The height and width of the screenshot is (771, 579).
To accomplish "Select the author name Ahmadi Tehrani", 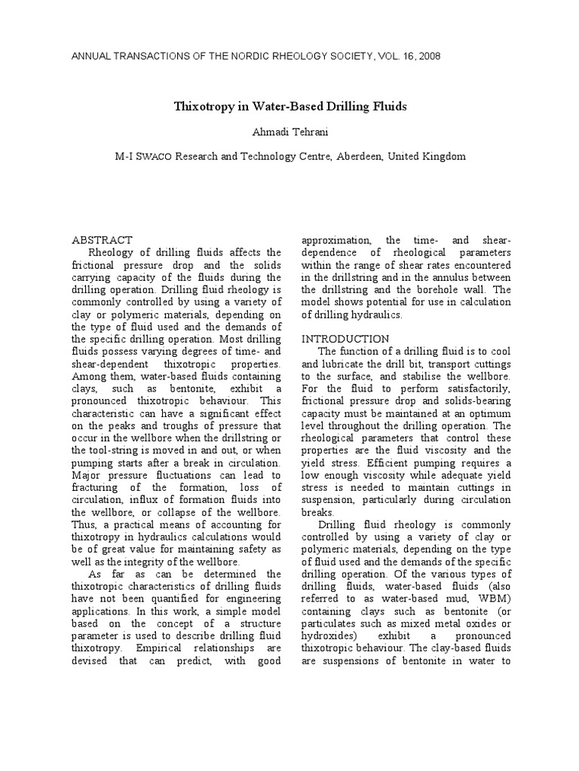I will pos(290,132).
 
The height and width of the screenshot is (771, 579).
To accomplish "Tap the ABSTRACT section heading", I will pos(102,239).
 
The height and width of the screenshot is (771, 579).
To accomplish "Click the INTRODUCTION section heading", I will pos(345,339).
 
